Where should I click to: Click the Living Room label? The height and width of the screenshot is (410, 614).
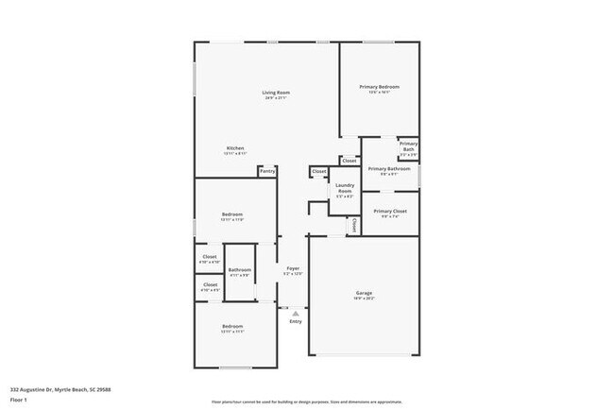point(276,92)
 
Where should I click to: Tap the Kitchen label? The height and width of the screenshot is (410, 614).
point(235,148)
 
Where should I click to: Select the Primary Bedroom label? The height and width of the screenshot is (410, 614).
point(380,87)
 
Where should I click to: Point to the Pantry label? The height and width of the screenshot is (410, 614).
point(267,171)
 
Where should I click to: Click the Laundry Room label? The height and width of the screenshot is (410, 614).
point(345,188)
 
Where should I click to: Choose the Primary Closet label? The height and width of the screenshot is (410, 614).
point(389,212)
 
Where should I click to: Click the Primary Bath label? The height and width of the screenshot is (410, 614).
point(408,146)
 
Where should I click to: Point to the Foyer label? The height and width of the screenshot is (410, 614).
point(293,268)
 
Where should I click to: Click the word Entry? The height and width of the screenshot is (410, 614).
point(296,321)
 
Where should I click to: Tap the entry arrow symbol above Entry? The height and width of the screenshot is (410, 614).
point(296,313)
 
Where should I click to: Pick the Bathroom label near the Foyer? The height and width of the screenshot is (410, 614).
point(239,271)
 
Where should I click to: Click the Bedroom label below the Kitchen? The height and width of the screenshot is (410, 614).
point(232,215)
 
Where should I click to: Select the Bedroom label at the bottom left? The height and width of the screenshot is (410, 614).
point(232,328)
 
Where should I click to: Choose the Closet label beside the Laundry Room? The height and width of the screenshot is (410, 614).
point(319,171)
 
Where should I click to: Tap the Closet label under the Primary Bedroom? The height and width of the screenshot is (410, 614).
point(350,161)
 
